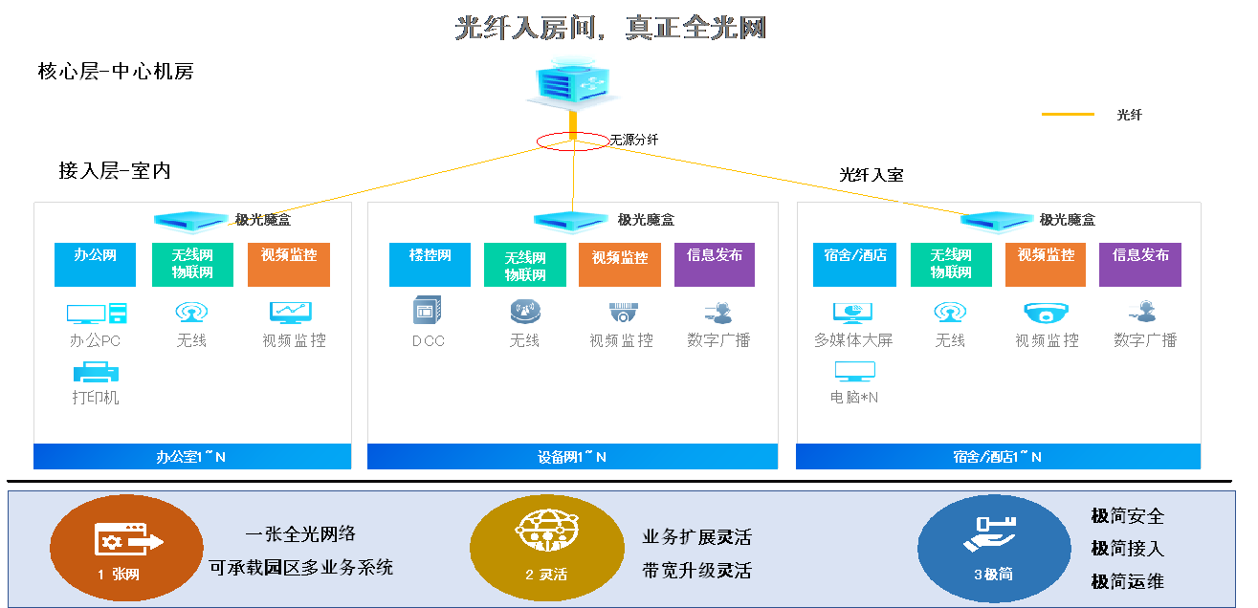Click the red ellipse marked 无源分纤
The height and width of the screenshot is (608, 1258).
[572, 141]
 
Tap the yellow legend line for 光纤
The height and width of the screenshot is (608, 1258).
[1067, 115]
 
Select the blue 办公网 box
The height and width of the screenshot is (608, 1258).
[96, 265]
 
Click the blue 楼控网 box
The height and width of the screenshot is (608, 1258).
[430, 265]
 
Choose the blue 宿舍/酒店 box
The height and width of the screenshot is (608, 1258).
[854, 265]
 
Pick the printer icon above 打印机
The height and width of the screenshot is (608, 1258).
[96, 372]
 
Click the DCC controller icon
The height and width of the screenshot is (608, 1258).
[427, 311]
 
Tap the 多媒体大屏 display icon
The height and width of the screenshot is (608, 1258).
[851, 313]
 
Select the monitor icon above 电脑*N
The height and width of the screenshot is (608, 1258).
[854, 372]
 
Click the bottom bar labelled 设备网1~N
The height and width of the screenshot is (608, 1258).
[572, 457]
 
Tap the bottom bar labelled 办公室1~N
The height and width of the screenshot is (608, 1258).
[191, 457]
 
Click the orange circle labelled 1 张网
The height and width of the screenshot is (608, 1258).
[126, 547]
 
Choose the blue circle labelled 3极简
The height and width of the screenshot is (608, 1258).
[993, 547]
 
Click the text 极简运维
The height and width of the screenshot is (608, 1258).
[1127, 581]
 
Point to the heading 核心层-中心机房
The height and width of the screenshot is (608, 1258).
[116, 72]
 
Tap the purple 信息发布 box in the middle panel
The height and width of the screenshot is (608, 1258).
[714, 265]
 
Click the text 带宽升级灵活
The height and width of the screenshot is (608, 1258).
[696, 571]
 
